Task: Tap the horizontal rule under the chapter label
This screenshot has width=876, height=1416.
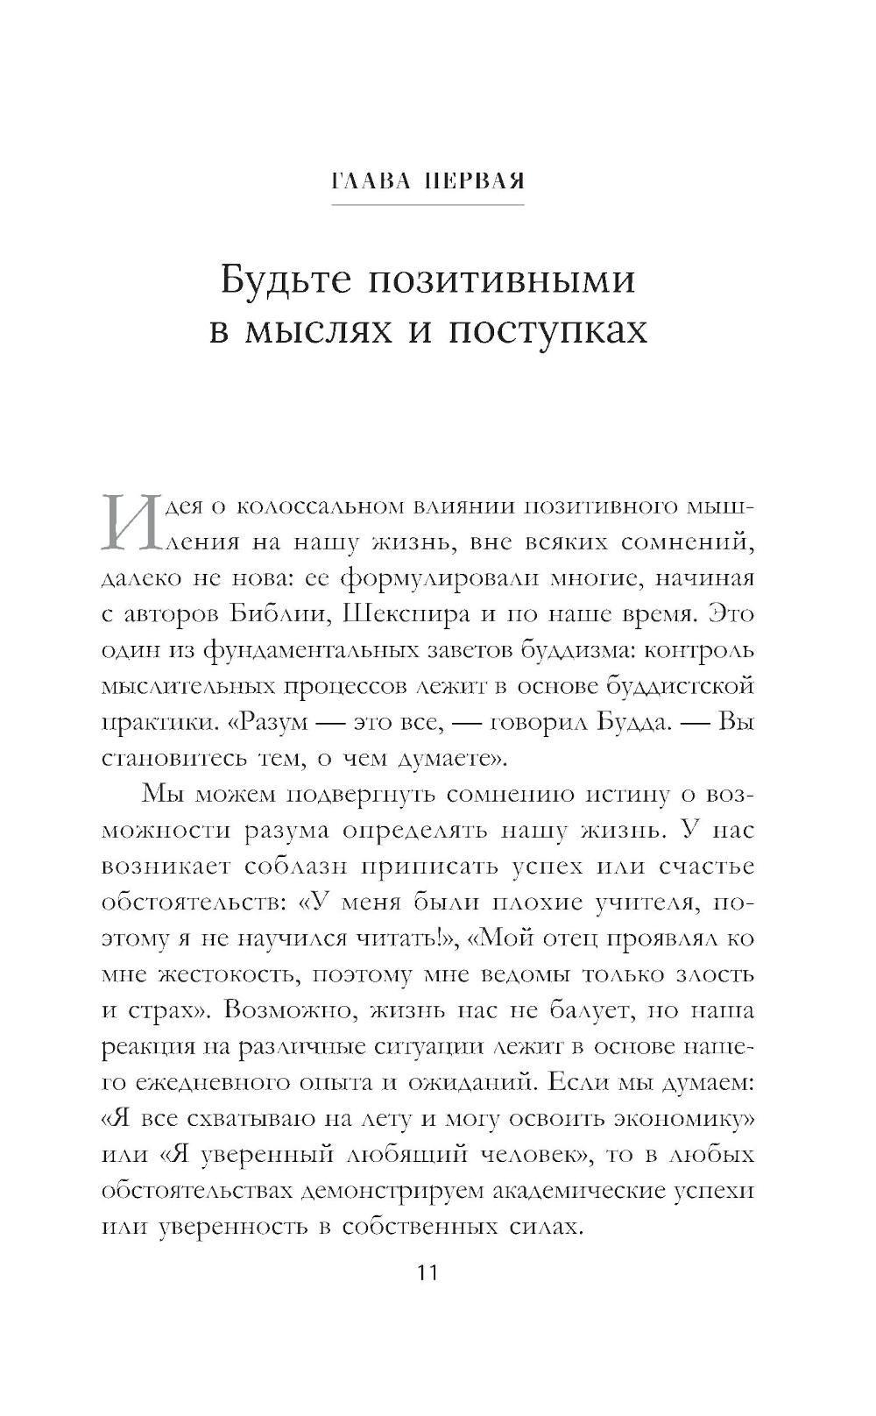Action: click(427, 205)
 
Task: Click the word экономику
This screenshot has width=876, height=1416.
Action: click(669, 1119)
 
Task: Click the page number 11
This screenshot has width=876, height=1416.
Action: click(427, 1272)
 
